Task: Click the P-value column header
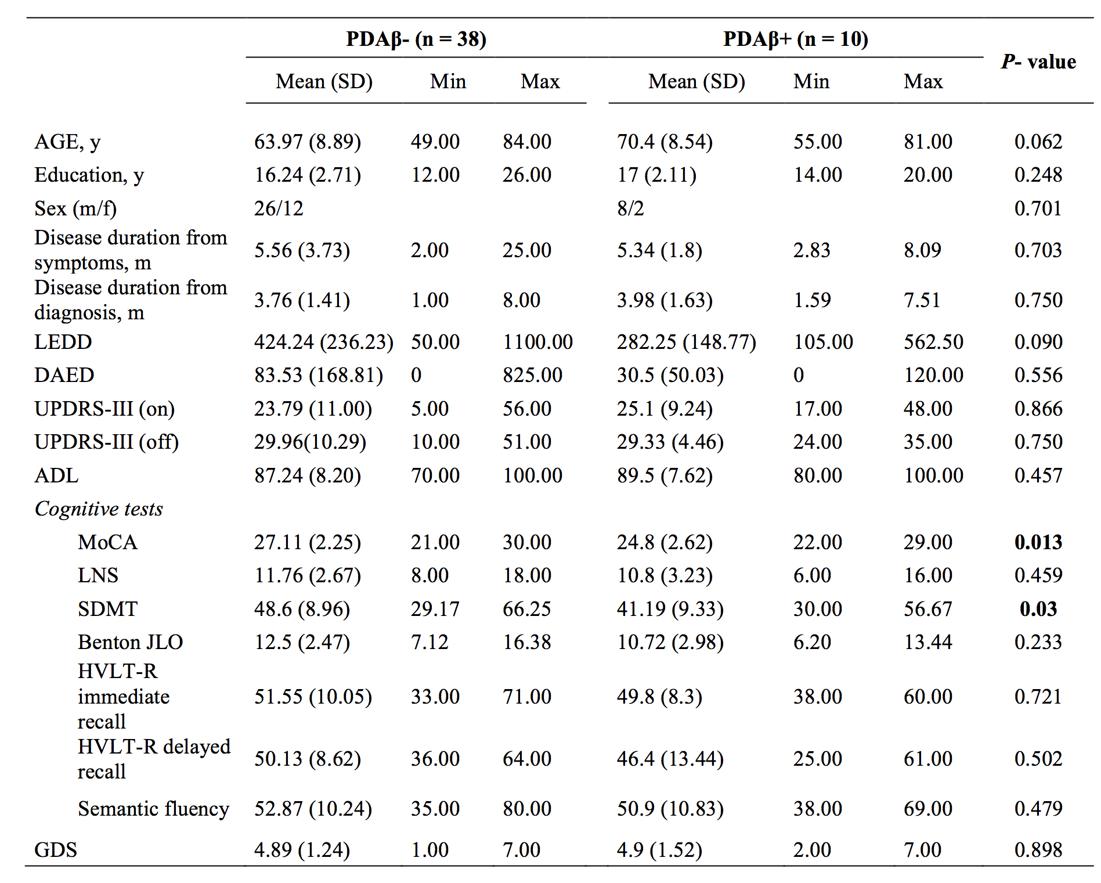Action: [x=1038, y=62]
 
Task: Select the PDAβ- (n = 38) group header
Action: [x=416, y=39]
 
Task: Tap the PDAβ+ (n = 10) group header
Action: [x=796, y=39]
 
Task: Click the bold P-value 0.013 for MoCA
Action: [x=1038, y=542]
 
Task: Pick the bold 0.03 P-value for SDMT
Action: [x=1038, y=609]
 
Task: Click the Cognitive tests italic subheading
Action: [x=99, y=509]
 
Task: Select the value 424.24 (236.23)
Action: [x=324, y=342]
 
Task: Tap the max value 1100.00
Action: [x=538, y=342]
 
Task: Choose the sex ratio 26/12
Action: [x=279, y=208]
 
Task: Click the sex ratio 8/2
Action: [x=631, y=208]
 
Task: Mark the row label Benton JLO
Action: [x=131, y=642]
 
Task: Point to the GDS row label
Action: [x=56, y=850]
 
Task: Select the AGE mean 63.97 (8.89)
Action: [x=308, y=142]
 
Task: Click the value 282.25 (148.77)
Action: [x=687, y=342]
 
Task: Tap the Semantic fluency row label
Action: [x=154, y=809]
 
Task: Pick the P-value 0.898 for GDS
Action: [x=1038, y=850]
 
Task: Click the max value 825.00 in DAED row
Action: [x=533, y=375]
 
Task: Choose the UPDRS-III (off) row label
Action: [x=107, y=442]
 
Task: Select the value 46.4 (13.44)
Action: [x=670, y=759]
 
